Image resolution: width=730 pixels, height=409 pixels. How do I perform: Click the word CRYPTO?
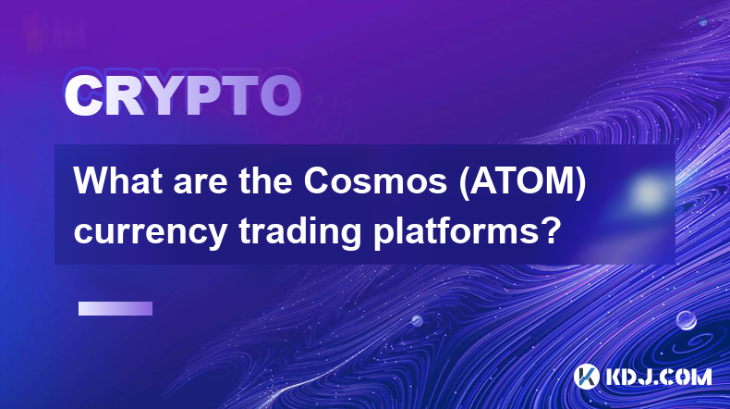pos(182,96)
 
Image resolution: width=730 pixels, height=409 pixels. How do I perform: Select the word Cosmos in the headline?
pos(375,181)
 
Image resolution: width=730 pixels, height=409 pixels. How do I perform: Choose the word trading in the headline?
pos(300,231)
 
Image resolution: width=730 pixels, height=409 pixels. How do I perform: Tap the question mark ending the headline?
pos(551,229)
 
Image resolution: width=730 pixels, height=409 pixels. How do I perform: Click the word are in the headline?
pos(201,185)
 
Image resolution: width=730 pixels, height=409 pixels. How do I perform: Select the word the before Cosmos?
pos(266,181)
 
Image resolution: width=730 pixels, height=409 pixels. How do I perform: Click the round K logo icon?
pos(586,377)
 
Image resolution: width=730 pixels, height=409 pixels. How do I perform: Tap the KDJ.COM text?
pos(659,377)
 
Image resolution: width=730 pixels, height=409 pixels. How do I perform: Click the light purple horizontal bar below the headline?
pos(116,309)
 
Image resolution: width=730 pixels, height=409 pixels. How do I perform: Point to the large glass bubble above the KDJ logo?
pos(686,320)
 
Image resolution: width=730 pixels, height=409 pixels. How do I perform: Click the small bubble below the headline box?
pos(417,320)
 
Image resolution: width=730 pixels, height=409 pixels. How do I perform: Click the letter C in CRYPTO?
pos(84,96)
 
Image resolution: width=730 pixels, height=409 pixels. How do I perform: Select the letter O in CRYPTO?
pos(280,96)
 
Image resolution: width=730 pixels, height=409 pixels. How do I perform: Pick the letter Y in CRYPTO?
pos(164,96)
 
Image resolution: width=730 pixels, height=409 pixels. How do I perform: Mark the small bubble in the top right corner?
pos(703,21)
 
